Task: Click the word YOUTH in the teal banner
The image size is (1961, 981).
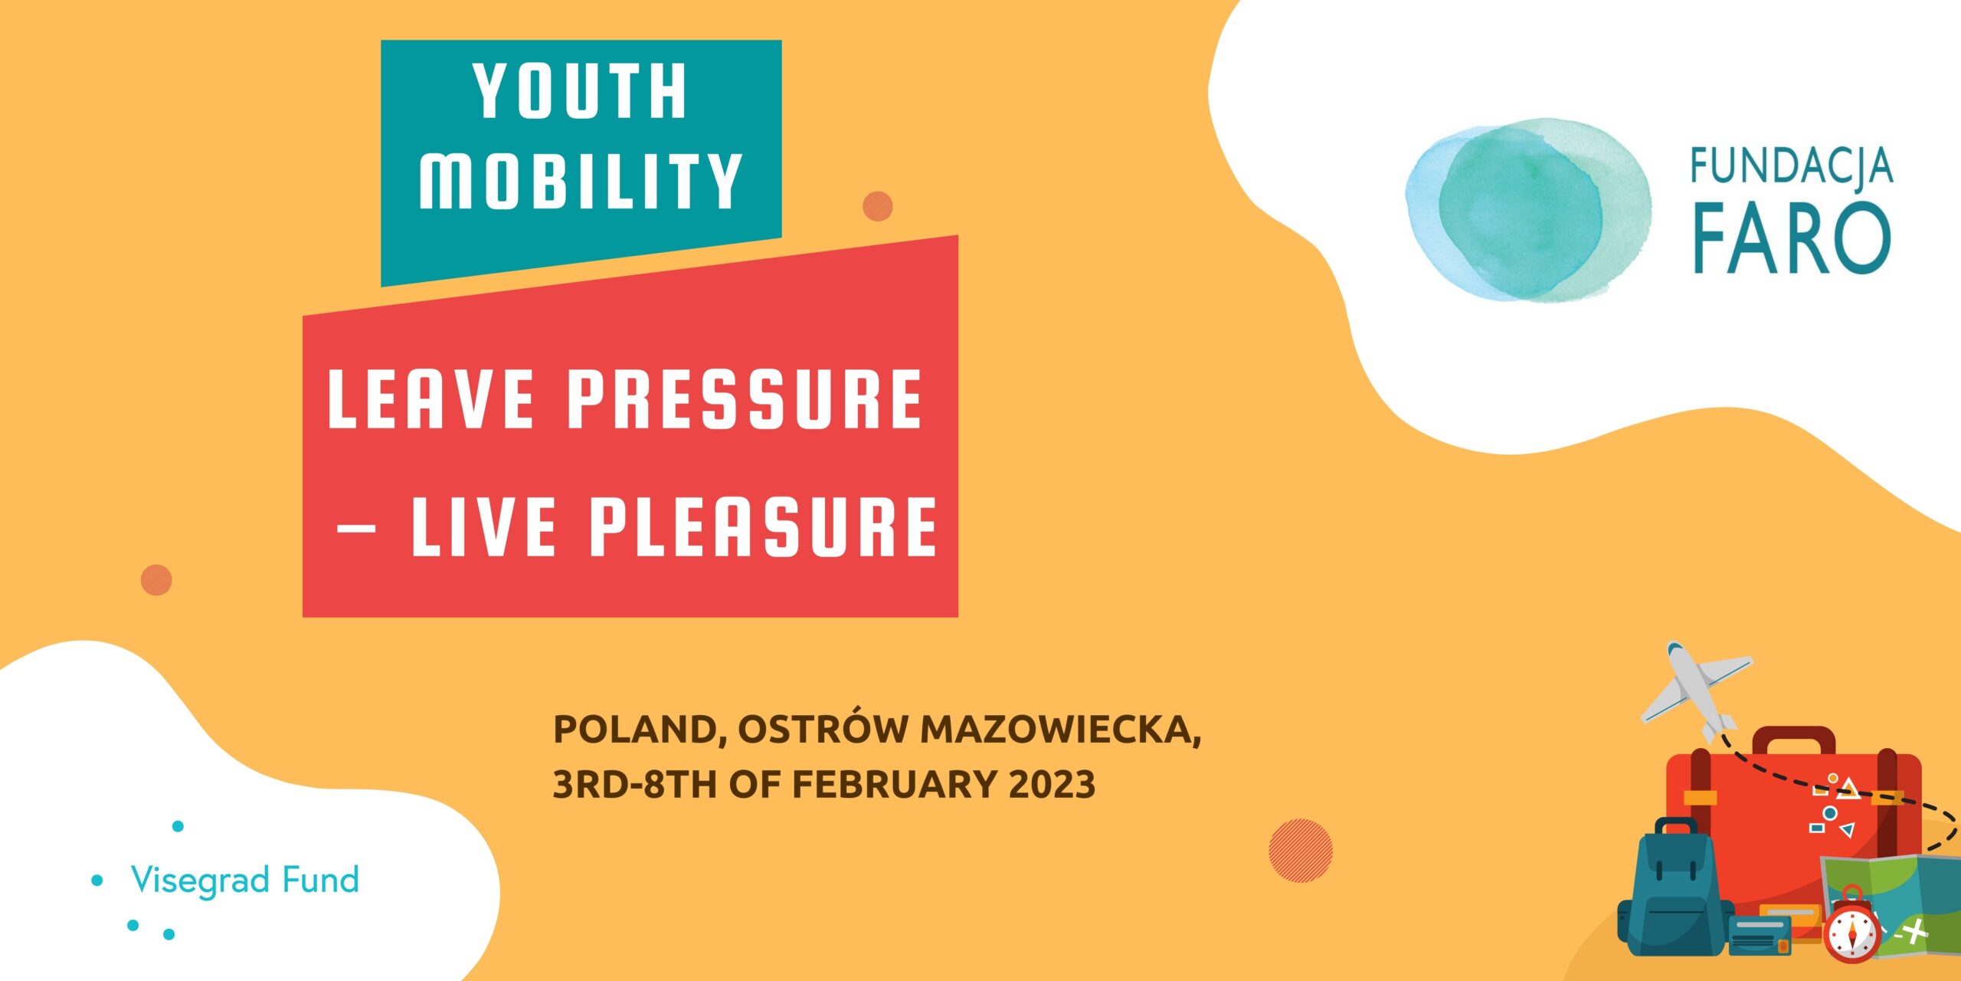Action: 580,91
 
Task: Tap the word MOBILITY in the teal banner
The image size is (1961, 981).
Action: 580,181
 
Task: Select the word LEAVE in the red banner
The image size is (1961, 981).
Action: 431,399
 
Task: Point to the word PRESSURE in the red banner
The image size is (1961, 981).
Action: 745,399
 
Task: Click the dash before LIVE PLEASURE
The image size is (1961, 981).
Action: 356,528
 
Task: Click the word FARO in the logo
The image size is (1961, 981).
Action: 1791,238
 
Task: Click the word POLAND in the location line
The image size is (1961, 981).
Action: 634,729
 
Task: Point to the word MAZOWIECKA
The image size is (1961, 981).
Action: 1060,729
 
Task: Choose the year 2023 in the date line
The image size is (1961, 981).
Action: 1052,785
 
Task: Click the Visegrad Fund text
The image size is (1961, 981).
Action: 245,880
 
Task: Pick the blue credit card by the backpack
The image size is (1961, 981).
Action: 1759,933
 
